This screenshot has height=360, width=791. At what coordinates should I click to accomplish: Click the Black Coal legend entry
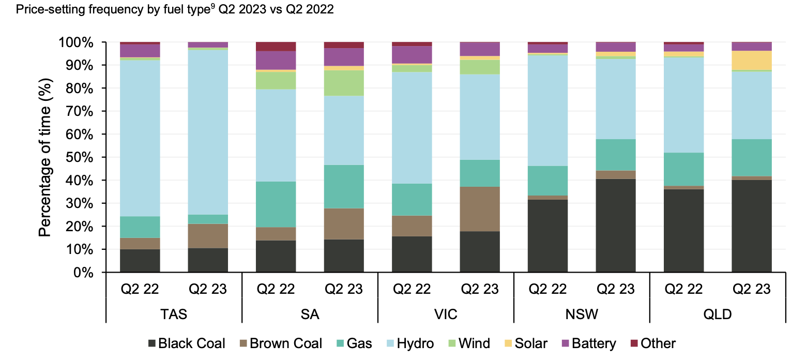tap(186, 343)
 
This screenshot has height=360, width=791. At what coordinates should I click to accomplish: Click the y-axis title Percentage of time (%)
tap(47, 157)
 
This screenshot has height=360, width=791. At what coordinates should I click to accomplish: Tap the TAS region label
tap(174, 313)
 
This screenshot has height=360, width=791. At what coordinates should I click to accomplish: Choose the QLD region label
tap(718, 313)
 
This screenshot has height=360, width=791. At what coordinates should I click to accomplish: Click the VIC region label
tap(446, 313)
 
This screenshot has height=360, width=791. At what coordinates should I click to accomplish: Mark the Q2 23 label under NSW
tap(615, 289)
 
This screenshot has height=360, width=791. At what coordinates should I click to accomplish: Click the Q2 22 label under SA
tap(276, 289)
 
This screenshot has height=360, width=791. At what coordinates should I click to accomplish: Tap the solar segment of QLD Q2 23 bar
tap(751, 60)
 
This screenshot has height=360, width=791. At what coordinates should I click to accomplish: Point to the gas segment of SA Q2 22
tap(276, 204)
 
